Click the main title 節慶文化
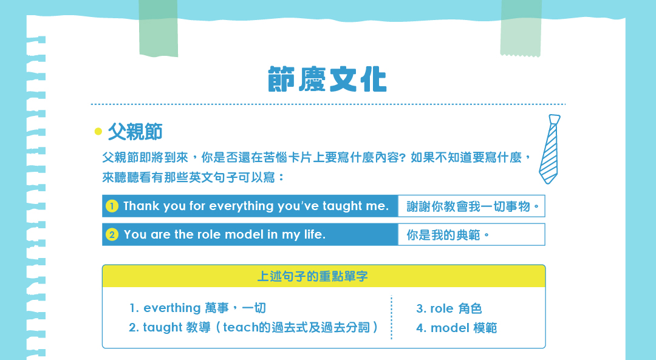[x=327, y=79]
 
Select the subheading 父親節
[x=135, y=132]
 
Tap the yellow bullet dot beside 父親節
[x=98, y=131]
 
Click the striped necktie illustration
[x=549, y=149]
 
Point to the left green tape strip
[x=158, y=28]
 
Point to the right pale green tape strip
[x=521, y=28]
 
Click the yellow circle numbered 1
[x=112, y=206]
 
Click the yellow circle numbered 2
[x=112, y=234]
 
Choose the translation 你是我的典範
[x=448, y=235]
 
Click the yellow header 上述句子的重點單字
[x=313, y=276]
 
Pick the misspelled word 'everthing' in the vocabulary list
[x=172, y=308]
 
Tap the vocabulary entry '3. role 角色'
[x=449, y=308]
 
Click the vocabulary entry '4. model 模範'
[x=456, y=328]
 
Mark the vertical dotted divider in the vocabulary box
[x=391, y=318]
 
